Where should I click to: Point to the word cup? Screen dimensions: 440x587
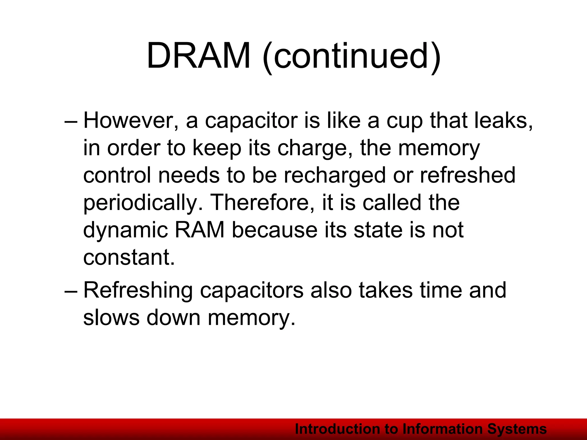(x=404, y=121)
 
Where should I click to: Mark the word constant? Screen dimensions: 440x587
(x=129, y=257)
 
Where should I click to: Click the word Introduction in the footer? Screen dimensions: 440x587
(x=336, y=429)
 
